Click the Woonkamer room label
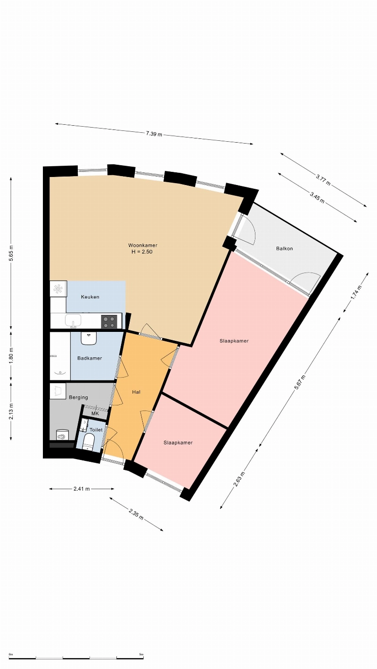click(x=143, y=245)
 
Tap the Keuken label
click(x=90, y=297)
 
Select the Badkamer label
click(x=90, y=358)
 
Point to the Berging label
click(x=78, y=397)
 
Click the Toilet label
click(x=96, y=430)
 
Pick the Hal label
click(x=136, y=392)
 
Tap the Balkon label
click(x=284, y=249)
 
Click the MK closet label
click(x=95, y=414)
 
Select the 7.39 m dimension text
click(x=154, y=134)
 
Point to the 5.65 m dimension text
click(x=11, y=253)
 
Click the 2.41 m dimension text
click(x=82, y=489)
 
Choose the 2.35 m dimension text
click(x=136, y=514)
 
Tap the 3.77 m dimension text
click(x=323, y=180)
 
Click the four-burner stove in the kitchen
click(x=109, y=322)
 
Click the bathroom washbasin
click(x=88, y=338)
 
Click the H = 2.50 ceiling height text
click(x=142, y=252)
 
